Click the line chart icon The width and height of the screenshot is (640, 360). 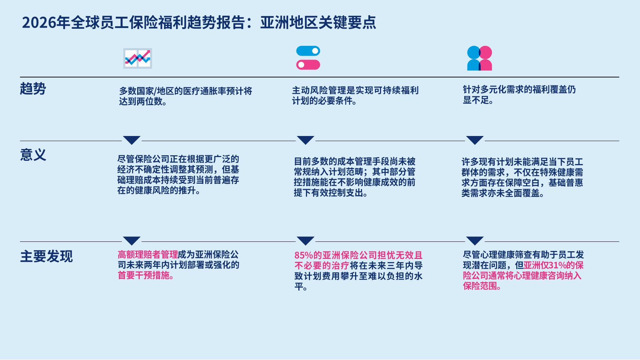click(x=138, y=58)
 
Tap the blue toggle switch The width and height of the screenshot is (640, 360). click(x=308, y=51)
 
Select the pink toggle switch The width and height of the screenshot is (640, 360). click(x=308, y=65)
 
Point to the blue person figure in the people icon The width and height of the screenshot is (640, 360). click(x=473, y=58)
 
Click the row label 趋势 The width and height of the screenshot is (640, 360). click(x=33, y=89)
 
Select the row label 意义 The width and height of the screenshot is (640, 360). click(x=33, y=155)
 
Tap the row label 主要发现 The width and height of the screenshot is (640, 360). click(x=46, y=256)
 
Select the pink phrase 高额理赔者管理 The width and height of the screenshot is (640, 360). click(x=148, y=255)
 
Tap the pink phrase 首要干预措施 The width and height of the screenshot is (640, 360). click(x=144, y=275)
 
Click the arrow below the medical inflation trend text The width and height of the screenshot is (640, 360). click(x=132, y=140)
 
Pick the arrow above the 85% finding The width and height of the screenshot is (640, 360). click(x=305, y=241)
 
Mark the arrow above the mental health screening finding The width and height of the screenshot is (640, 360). click(x=475, y=241)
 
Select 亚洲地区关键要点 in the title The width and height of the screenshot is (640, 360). click(x=318, y=23)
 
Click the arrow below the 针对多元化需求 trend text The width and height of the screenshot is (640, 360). click(x=475, y=140)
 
